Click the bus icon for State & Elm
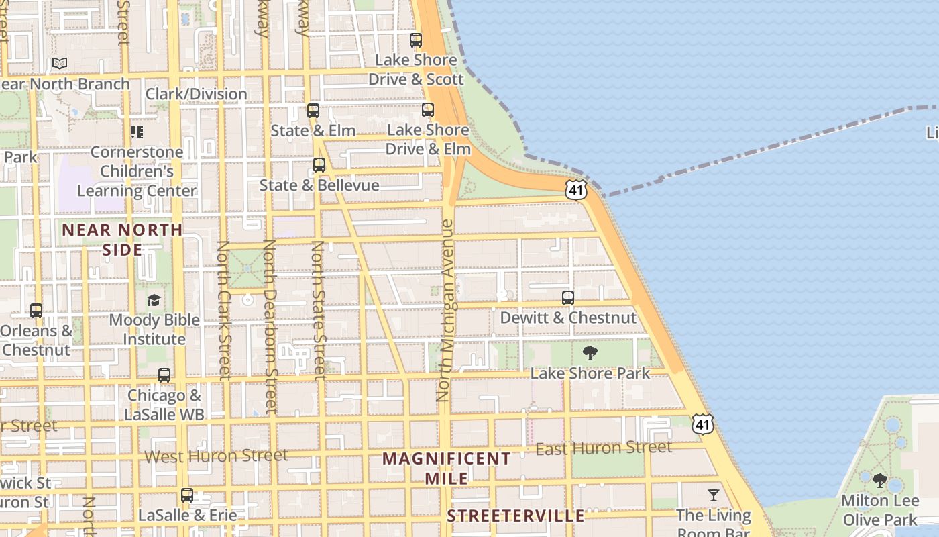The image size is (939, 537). (313, 111)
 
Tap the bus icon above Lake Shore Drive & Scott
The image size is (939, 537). (416, 40)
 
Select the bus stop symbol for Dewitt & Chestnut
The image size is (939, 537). (568, 298)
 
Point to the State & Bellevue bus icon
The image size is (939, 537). (319, 165)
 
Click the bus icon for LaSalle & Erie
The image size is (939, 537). (187, 495)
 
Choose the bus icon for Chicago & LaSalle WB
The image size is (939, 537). (164, 375)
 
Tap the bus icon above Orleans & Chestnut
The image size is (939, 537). (36, 311)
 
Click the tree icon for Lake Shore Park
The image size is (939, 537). (590, 353)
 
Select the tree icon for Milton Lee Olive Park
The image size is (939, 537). (880, 481)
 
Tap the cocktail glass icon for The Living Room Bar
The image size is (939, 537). (713, 495)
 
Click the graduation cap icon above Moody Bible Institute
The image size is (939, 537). (154, 299)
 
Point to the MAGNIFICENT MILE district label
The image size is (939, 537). (447, 469)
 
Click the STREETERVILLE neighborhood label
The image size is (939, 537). (516, 516)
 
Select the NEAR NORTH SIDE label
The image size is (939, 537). (122, 240)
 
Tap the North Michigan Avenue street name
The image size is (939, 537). (446, 310)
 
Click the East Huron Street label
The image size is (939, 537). (604, 448)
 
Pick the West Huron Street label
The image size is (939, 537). (217, 456)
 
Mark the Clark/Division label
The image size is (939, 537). (196, 94)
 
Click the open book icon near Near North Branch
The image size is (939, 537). (60, 63)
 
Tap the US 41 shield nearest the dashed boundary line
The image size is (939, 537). (576, 189)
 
